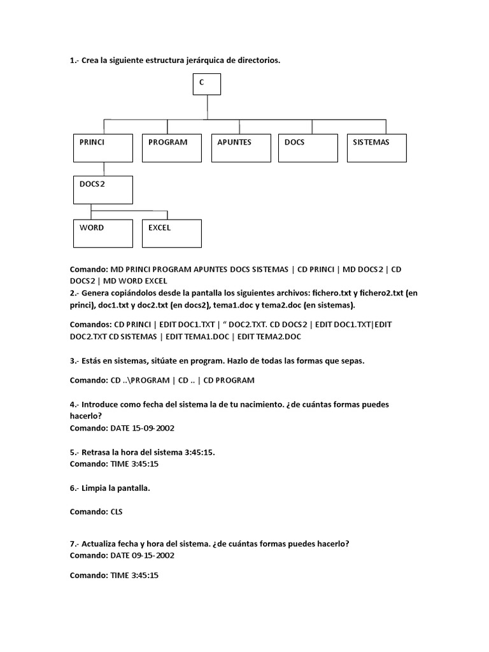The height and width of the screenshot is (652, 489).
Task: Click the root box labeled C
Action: click(x=206, y=84)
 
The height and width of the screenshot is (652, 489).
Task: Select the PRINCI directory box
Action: click(x=103, y=148)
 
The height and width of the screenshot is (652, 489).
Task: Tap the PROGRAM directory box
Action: click(x=171, y=148)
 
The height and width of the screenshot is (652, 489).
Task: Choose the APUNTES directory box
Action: click(x=239, y=148)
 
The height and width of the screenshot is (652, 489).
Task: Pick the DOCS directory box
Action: click(x=308, y=148)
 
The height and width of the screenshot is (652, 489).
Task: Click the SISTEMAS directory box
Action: click(x=376, y=148)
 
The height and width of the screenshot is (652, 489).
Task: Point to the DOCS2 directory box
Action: click(x=103, y=190)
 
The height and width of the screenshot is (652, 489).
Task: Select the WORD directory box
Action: click(x=103, y=233)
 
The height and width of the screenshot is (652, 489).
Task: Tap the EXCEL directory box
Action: click(x=171, y=233)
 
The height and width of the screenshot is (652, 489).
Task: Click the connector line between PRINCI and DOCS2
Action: click(x=103, y=169)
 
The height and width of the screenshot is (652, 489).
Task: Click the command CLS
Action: click(x=117, y=511)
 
